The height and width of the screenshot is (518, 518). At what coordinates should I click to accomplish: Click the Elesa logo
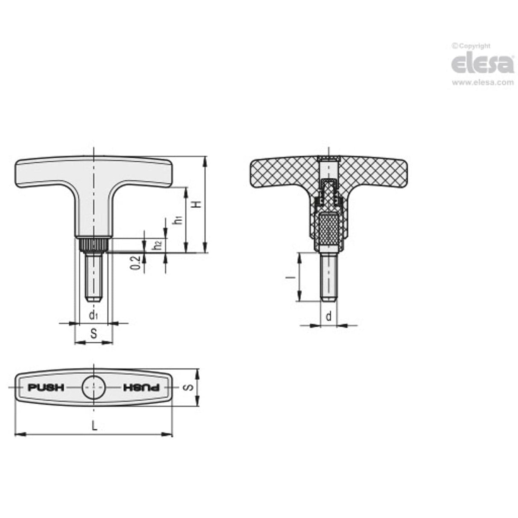(x=483, y=64)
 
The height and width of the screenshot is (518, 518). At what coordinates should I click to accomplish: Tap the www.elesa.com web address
(x=483, y=83)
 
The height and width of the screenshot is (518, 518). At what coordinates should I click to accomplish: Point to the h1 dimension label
(x=178, y=220)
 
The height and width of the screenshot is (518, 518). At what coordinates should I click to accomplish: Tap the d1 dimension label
(x=93, y=315)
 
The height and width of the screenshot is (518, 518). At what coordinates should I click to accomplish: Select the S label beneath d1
(x=93, y=334)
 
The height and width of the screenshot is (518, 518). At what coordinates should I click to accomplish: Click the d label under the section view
(x=328, y=316)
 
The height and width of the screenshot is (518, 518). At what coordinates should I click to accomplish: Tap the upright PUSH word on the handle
(x=46, y=387)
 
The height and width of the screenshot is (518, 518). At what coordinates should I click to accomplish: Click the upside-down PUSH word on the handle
(x=141, y=387)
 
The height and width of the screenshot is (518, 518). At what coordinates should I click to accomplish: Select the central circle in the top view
(x=93, y=387)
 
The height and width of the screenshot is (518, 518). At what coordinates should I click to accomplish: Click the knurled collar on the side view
(x=93, y=246)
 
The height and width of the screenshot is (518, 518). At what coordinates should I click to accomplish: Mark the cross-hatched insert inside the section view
(x=329, y=228)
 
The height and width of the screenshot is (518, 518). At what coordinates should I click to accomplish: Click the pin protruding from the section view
(x=329, y=277)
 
